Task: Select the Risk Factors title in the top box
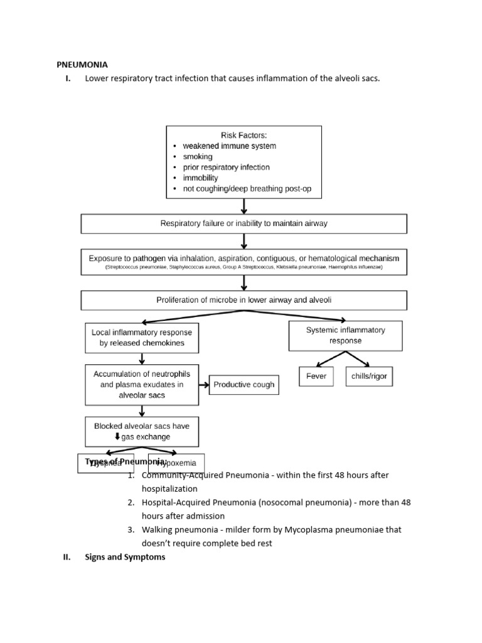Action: point(244,135)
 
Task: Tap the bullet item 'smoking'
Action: point(198,156)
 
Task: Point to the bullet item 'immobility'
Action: point(200,178)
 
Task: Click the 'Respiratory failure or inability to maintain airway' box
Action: point(244,224)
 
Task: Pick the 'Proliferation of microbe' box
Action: point(244,300)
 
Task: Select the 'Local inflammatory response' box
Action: point(142,338)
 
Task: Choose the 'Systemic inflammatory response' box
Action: point(345,335)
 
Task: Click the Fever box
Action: point(316,376)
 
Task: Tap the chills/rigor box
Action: point(369,376)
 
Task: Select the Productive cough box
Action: point(244,384)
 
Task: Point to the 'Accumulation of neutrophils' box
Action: point(142,384)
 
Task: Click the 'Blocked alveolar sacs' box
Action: point(142,431)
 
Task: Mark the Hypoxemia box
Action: point(176,463)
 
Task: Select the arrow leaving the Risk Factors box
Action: point(244,206)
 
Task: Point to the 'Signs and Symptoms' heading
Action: point(125,557)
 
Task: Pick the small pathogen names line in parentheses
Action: point(244,267)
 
